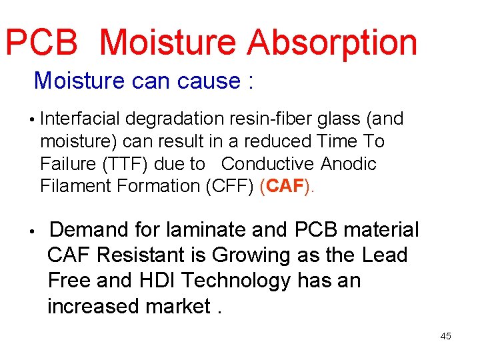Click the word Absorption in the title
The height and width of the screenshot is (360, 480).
[x=331, y=43]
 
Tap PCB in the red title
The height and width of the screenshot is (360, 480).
[x=41, y=42]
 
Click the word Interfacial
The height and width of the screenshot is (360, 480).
[x=81, y=119]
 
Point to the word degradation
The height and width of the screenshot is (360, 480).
[x=173, y=119]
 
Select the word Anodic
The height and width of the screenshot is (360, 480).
[x=349, y=164]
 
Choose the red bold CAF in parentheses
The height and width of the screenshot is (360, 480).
[x=285, y=186]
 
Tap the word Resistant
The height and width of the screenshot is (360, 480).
[x=153, y=255]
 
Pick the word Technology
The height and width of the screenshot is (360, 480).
[x=239, y=281]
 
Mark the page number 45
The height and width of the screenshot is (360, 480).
[x=445, y=336]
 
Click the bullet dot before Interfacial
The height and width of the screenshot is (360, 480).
[x=31, y=121]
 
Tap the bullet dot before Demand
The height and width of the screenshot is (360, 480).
[x=31, y=231]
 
